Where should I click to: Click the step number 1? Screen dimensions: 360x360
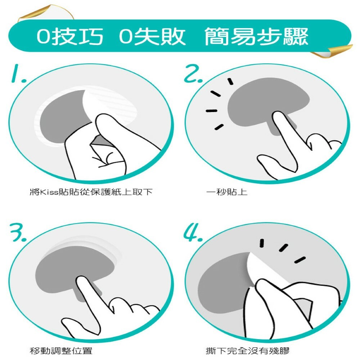point(18,73)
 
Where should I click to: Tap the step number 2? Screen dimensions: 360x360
point(193,73)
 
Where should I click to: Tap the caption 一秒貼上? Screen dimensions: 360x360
point(227,192)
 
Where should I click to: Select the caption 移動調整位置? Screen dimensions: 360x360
point(61,351)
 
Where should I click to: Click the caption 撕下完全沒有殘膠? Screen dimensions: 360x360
point(248,351)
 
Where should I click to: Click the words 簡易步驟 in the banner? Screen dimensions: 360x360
point(256,36)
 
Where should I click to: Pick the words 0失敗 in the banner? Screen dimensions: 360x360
point(152,36)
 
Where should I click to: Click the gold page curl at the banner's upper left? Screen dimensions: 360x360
point(46,13)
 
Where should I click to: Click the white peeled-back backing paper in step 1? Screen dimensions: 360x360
point(110,103)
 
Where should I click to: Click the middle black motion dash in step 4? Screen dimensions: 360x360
point(284,248)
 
